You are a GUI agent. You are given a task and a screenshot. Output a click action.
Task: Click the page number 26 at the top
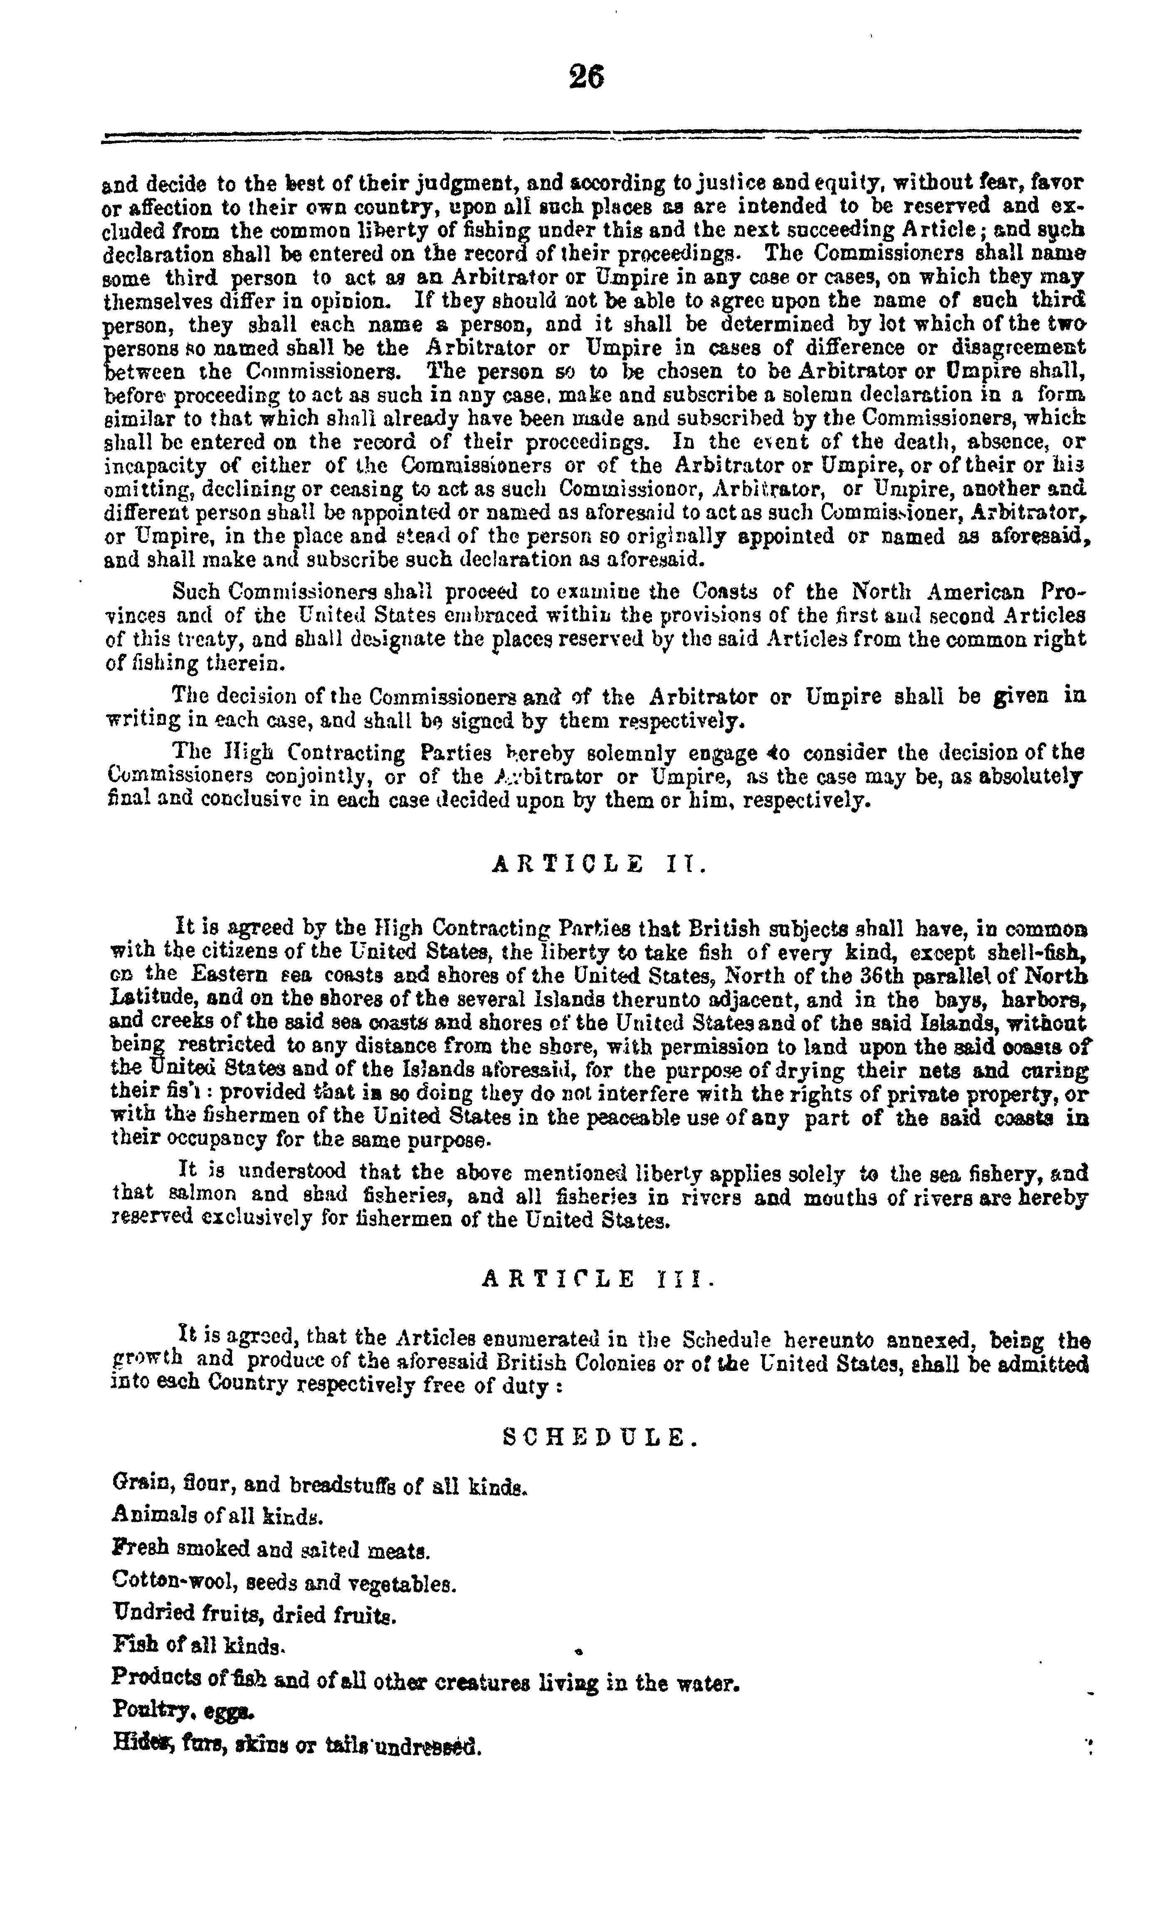(x=586, y=78)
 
